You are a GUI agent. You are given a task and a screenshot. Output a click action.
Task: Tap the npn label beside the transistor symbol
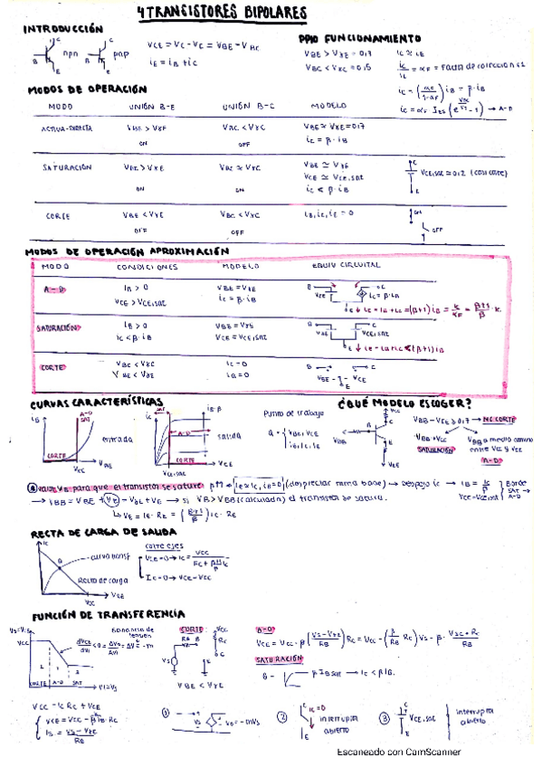click(71, 53)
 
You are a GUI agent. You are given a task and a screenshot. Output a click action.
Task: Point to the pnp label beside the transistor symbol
click(122, 53)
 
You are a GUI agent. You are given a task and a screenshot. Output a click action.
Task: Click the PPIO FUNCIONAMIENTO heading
click(359, 40)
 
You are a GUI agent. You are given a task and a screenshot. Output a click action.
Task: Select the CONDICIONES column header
click(147, 268)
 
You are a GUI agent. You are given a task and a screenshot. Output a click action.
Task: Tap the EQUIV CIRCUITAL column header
click(345, 268)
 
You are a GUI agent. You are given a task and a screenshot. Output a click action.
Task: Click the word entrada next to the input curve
click(118, 440)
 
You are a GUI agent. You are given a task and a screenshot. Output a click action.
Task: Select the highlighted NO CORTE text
click(499, 420)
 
